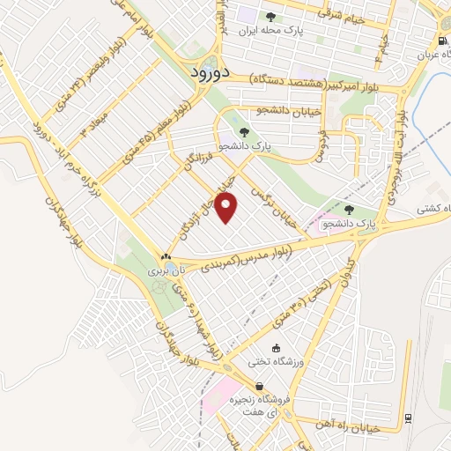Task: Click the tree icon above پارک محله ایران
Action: pyautogui.click(x=271, y=16)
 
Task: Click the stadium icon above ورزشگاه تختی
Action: pyautogui.click(x=277, y=349)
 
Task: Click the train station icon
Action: pyautogui.click(x=407, y=418)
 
